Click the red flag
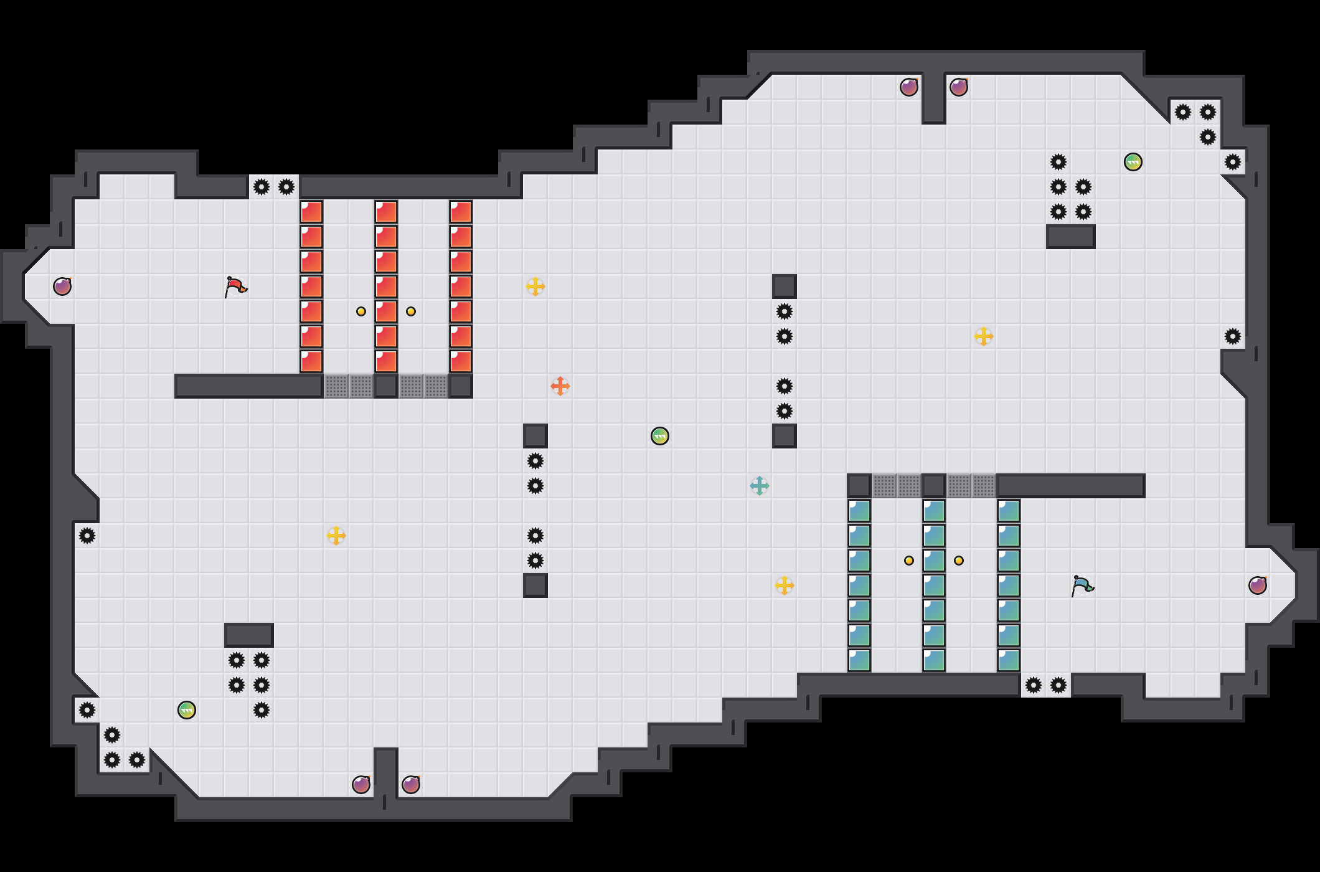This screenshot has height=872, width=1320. click(x=235, y=287)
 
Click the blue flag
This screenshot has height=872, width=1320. click(x=1082, y=585)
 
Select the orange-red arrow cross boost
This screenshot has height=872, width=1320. click(x=560, y=386)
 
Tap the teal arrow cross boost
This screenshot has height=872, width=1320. click(x=760, y=486)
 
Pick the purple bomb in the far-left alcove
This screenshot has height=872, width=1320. click(x=62, y=287)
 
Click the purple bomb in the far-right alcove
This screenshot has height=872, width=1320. click(x=1258, y=585)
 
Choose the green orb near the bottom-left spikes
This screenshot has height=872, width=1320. click(x=187, y=710)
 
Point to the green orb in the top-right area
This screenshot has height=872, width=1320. click(x=1133, y=162)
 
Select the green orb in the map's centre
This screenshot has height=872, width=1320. click(x=660, y=436)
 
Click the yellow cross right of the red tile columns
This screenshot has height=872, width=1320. click(x=535, y=287)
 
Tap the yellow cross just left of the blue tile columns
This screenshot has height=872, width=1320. click(x=785, y=585)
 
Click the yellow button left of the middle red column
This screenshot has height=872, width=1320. click(x=361, y=311)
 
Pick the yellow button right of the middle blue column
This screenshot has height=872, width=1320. click(x=959, y=561)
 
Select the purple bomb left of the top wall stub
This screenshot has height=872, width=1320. click(x=909, y=87)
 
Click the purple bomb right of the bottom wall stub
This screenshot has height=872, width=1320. click(x=411, y=785)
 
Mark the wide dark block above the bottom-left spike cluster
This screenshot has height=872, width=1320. click(x=249, y=635)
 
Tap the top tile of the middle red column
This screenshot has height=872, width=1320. click(x=386, y=212)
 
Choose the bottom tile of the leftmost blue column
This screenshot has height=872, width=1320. click(x=859, y=660)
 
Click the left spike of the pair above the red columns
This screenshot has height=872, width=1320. click(x=262, y=187)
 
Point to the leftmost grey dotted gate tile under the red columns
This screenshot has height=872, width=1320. click(x=336, y=386)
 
